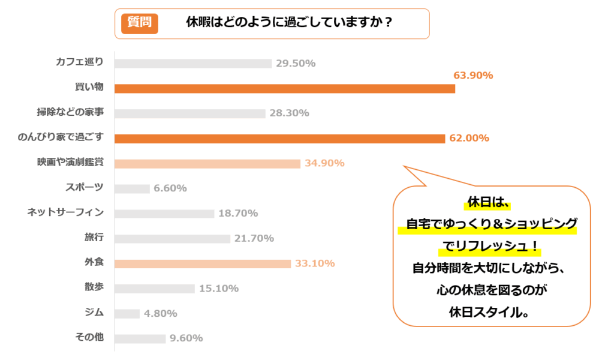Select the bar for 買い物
click(284, 89)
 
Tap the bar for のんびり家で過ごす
click(279, 139)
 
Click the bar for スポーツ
click(132, 188)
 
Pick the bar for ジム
click(127, 313)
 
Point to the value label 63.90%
click(473, 76)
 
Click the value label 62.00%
click(469, 139)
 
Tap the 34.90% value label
click(324, 163)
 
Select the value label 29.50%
click(296, 64)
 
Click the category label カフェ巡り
click(79, 62)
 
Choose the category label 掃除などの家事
click(70, 112)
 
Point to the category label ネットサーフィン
click(66, 212)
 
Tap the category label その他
click(89, 337)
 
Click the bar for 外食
click(203, 263)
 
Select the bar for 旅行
click(172, 239)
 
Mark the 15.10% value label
click(219, 289)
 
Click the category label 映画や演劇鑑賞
click(70, 162)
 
